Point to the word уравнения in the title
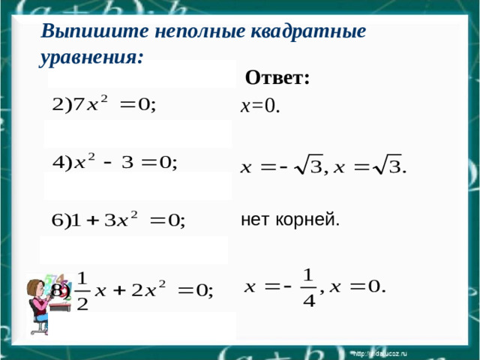pos(90,56)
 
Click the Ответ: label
pos(277,78)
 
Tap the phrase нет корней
pos(289,220)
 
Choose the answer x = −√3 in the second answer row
pos(280,166)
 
